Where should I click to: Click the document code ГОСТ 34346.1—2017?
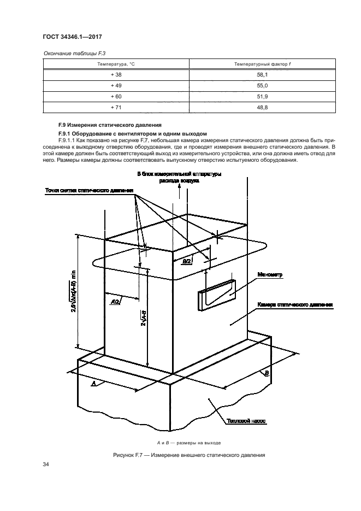[73, 37]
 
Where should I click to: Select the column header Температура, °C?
[116, 64]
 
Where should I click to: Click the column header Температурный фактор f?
[262, 64]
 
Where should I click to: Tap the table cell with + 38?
[116, 75]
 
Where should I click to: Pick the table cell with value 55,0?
[262, 86]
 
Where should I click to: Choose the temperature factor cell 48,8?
[262, 107]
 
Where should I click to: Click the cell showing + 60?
[116, 97]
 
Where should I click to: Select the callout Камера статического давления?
[294, 304]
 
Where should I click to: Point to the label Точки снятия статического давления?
[89, 190]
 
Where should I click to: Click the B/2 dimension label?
[186, 262]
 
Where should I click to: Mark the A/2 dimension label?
[115, 301]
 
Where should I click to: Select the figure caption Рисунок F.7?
[188, 455]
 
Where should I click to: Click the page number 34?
[46, 465]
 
